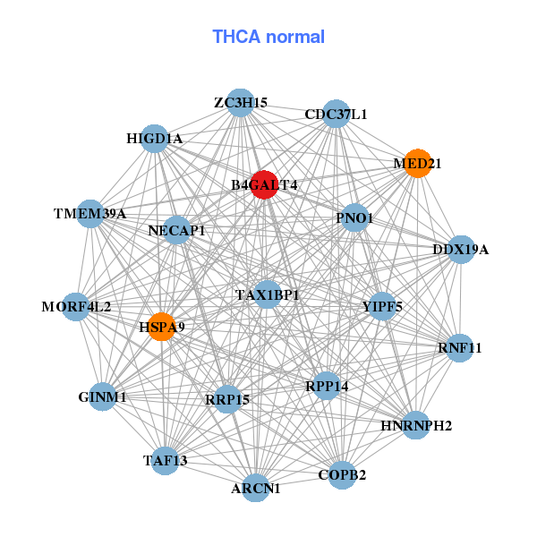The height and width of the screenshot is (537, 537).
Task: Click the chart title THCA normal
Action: [x=268, y=37]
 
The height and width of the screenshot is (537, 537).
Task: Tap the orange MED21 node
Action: [x=417, y=164]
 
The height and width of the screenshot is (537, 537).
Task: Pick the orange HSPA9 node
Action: [x=161, y=327]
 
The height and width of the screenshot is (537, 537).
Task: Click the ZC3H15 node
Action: [x=239, y=103]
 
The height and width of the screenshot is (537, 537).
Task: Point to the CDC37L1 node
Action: [x=336, y=115]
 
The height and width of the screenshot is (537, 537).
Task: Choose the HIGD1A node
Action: [x=154, y=139]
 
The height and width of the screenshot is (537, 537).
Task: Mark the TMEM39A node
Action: [x=89, y=215]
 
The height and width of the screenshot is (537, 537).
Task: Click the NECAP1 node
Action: [x=176, y=230]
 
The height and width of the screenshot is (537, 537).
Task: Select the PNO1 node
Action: [x=354, y=218]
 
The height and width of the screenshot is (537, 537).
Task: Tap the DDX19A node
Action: [x=460, y=249]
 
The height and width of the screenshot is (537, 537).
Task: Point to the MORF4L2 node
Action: [x=76, y=307]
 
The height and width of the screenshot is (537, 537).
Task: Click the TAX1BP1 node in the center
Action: [x=268, y=294]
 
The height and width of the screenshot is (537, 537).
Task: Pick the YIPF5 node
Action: [x=382, y=307]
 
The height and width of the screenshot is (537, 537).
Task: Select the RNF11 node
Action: [x=459, y=347]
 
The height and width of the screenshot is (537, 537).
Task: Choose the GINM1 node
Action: [x=102, y=396]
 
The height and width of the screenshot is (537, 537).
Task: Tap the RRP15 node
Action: [x=227, y=398]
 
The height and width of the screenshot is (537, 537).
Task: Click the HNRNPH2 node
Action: [x=416, y=425]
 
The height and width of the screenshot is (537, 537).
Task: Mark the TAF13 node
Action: [x=166, y=460]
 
